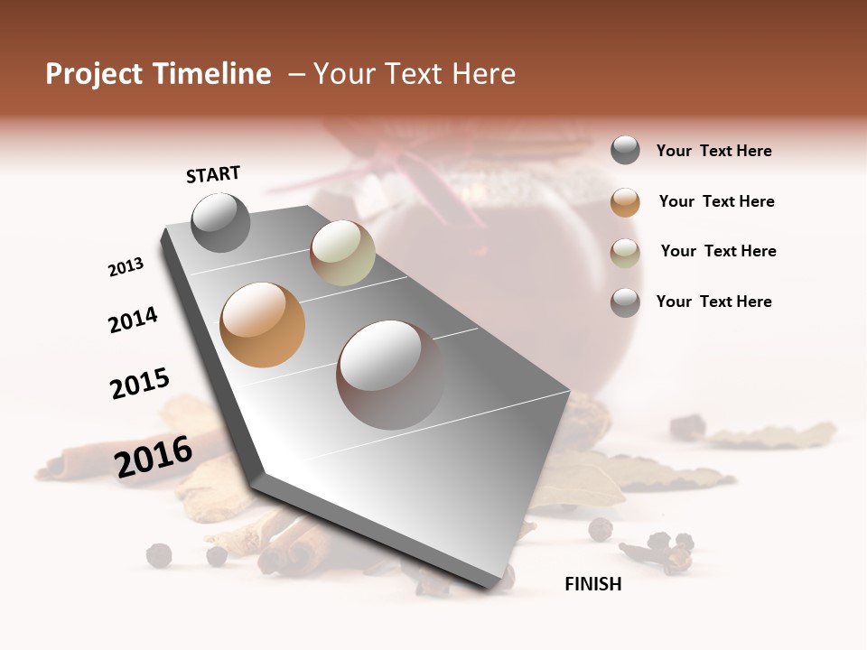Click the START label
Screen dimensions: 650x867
(x=213, y=174)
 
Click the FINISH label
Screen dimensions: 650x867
(x=592, y=584)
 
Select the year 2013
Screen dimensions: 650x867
(x=126, y=267)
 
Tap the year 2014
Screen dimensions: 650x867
(x=133, y=320)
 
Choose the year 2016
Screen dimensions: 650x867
(x=154, y=456)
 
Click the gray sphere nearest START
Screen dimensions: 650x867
(x=220, y=222)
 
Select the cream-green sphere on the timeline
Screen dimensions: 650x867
(x=342, y=253)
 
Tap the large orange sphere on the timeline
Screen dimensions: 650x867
(x=262, y=325)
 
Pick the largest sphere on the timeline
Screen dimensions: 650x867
(x=390, y=374)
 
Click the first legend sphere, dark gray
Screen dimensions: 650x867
(x=625, y=151)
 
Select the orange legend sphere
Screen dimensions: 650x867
(x=625, y=202)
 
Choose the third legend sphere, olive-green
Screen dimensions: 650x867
(x=625, y=253)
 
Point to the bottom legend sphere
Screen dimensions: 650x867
(x=625, y=302)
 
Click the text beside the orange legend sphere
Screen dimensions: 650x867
(x=716, y=201)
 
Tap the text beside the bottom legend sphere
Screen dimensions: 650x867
(x=713, y=302)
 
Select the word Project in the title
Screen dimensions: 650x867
(x=94, y=74)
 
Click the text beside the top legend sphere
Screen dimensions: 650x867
(x=713, y=151)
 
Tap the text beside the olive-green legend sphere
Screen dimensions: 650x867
(x=718, y=251)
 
